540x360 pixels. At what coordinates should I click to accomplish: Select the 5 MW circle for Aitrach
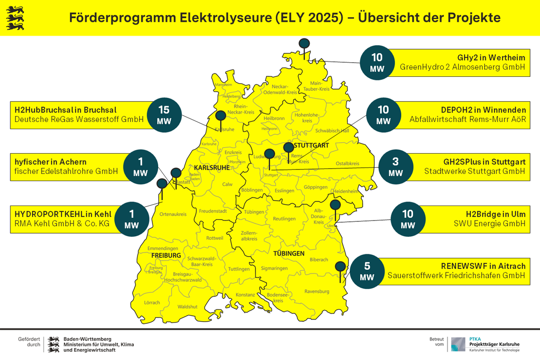coord(367,271)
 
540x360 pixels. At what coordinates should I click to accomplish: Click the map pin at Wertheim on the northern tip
coord(305,44)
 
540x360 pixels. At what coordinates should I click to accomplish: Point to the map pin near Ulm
coord(335,205)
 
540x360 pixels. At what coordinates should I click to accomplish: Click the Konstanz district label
coord(246,295)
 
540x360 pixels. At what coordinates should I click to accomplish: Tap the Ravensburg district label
coord(317,291)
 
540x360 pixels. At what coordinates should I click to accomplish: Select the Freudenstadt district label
coord(212,210)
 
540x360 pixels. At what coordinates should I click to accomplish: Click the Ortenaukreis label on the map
coord(174,214)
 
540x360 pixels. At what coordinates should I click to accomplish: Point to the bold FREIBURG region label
coord(166,256)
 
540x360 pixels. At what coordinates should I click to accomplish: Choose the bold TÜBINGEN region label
coord(289,253)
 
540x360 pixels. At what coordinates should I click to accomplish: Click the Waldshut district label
coord(188,306)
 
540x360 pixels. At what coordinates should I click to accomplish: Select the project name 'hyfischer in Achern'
coord(51,162)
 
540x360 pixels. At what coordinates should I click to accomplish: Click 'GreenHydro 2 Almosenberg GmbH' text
coord(463,67)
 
